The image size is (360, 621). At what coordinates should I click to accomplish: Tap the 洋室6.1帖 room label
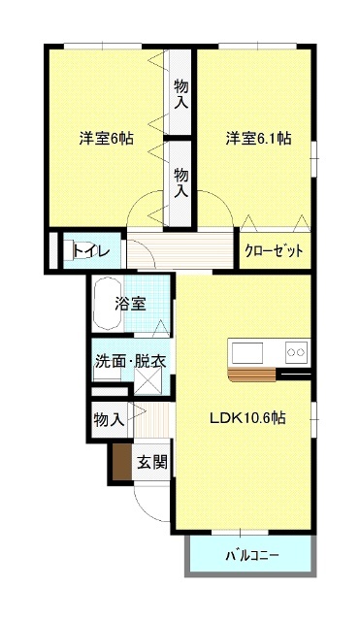coord(259,138)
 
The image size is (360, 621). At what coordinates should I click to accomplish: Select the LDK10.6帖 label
coord(247,418)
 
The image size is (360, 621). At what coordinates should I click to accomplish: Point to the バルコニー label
coord(252,555)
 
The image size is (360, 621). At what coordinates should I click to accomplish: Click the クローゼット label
coord(274,250)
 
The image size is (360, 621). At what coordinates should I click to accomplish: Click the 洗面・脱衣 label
coord(130,361)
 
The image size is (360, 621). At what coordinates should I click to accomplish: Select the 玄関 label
coord(152,462)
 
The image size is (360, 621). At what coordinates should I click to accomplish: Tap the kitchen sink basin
coord(247,352)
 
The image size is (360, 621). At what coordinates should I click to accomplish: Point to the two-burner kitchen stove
coord(296,352)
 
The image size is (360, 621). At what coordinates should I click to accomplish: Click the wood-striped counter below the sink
coord(252,375)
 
